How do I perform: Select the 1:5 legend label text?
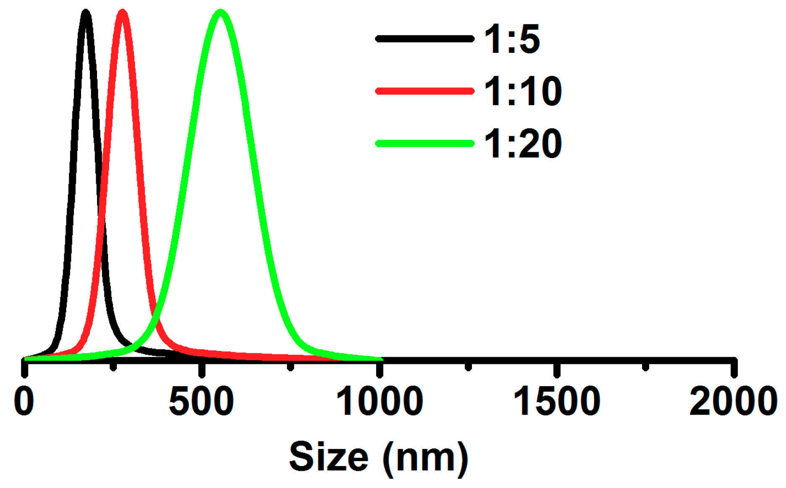tap(512, 39)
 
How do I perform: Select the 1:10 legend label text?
tap(523, 91)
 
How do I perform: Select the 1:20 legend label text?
tap(523, 144)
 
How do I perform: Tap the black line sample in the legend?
tap(424, 39)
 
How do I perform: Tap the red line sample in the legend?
tap(424, 91)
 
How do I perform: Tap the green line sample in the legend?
tap(424, 143)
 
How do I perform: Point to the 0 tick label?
tap(24, 401)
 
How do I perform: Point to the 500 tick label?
tap(201, 401)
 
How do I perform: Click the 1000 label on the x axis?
tap(380, 401)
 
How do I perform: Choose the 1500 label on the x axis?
tap(557, 401)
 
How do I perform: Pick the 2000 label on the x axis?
tap(733, 401)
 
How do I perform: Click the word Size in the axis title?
tap(329, 457)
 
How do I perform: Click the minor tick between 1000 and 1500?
tap(469, 366)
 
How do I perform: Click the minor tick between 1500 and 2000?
tap(646, 366)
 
